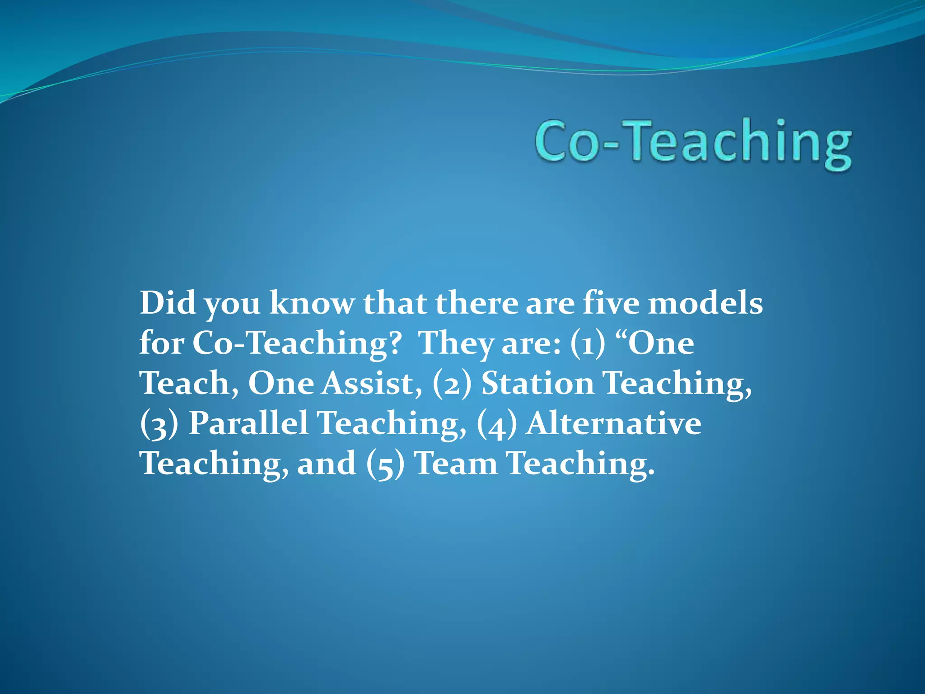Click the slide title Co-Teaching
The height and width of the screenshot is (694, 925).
click(x=693, y=142)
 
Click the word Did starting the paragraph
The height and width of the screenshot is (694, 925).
click(x=167, y=303)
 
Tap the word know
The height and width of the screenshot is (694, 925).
click(x=312, y=303)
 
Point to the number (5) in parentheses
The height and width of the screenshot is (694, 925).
click(x=385, y=464)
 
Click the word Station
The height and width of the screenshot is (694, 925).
click(x=537, y=383)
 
